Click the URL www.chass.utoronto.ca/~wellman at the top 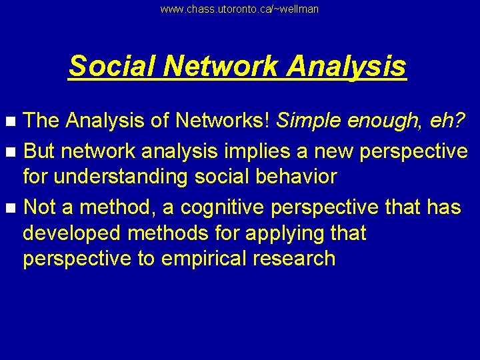[x=240, y=9]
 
